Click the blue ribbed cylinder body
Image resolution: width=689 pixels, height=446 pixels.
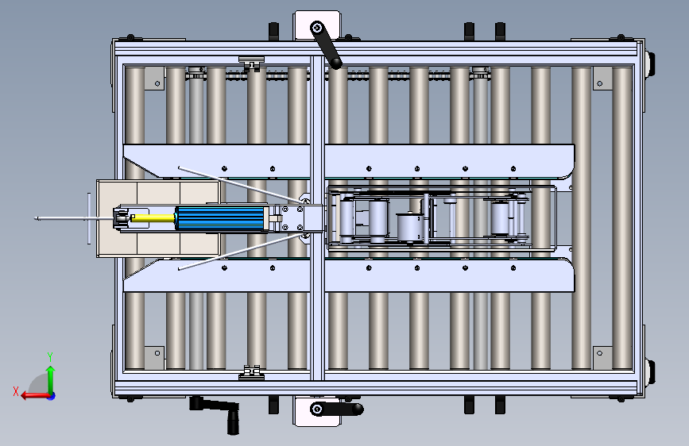222,218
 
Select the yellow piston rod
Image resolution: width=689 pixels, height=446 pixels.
153,217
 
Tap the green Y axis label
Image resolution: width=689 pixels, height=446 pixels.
50,356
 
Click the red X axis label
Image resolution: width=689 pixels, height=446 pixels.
16,391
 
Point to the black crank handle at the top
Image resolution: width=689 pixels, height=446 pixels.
326,45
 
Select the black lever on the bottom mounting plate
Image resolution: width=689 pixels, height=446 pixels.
337,409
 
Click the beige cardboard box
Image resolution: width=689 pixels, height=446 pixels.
158,218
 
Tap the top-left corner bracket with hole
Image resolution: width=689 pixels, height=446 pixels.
154,79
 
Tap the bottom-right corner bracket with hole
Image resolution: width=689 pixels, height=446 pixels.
602,358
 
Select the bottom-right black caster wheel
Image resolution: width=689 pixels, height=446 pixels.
650,373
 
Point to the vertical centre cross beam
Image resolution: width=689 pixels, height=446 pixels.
317,218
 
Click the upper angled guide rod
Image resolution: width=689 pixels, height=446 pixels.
242,184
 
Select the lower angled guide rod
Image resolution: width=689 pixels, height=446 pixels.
242,252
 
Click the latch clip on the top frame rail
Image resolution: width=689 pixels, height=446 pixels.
251,63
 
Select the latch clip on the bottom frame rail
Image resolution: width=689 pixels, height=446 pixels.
251,372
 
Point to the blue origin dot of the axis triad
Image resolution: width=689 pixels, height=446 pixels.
52,396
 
